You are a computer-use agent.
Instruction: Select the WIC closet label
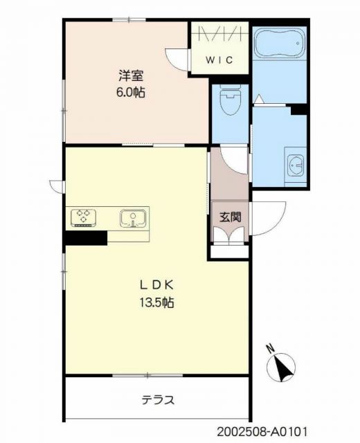(221, 60)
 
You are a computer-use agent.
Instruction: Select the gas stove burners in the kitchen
(85, 217)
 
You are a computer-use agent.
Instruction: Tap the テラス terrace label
(158, 399)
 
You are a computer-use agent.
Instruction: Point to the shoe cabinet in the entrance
(229, 234)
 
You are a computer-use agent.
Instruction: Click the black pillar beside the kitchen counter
(86, 237)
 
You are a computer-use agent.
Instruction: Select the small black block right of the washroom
(299, 109)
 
